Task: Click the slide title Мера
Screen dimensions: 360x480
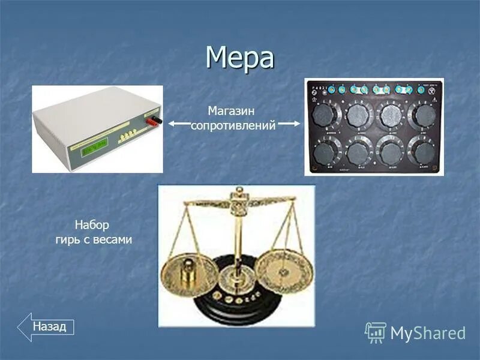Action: pos(239,58)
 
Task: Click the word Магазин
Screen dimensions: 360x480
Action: pos(232,111)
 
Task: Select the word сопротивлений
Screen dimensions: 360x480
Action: pos(233,126)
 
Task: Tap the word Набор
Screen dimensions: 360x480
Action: pos(92,226)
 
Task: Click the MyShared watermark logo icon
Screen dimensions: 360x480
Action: pos(376,332)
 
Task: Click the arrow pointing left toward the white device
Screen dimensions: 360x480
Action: pos(178,124)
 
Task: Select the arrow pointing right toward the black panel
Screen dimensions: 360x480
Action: pos(289,124)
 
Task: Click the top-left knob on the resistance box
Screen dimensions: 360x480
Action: pos(326,114)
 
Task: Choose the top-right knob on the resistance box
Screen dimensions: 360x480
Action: pos(423,114)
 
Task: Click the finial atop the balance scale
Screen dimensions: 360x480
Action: pos(239,193)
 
